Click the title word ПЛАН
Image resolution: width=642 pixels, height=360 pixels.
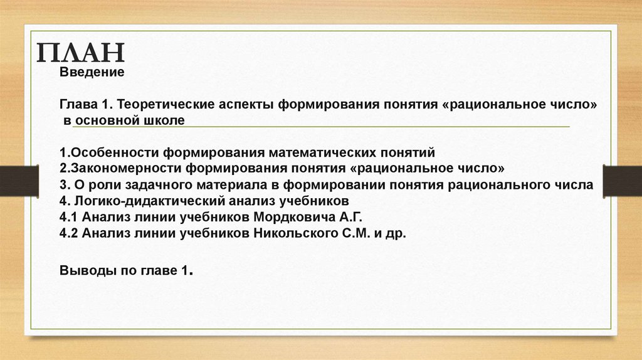coord(80,53)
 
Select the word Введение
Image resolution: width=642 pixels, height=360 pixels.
coord(92,73)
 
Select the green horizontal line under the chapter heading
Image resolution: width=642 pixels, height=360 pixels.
coord(320,127)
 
